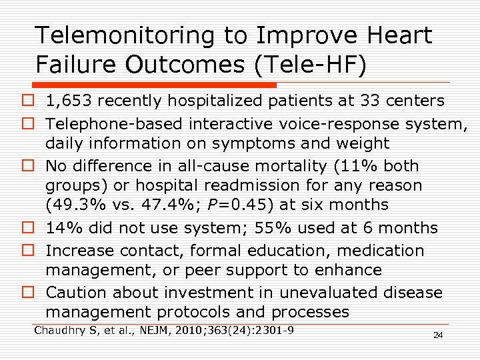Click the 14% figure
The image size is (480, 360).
[x=62, y=228]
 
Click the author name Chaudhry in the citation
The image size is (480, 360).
[x=61, y=330]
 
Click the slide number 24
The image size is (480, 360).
[x=437, y=335]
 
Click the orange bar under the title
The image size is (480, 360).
[x=153, y=85]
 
